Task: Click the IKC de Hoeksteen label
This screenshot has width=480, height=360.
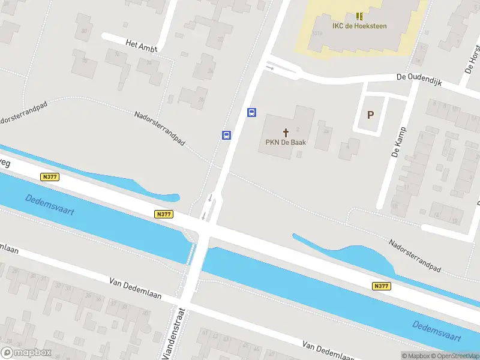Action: coord(359,26)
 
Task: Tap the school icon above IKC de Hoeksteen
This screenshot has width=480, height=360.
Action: coord(359,16)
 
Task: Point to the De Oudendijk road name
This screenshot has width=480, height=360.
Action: coord(419,80)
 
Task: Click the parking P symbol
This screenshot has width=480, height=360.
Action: coord(370,115)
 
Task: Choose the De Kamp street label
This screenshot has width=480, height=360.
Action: coord(398,142)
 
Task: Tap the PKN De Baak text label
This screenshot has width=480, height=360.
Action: coord(286,143)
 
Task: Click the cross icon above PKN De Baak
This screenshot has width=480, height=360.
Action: coord(286,132)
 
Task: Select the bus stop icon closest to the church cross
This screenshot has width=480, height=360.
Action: coord(252,112)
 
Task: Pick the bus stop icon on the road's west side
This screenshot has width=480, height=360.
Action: coord(227,135)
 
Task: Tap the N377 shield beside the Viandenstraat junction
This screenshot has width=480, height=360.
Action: coord(163,214)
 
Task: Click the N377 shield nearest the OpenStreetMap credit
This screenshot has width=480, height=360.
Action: coord(381,286)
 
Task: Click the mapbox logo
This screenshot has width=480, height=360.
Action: coord(26,353)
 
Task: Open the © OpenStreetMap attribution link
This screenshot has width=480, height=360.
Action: coord(451,356)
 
